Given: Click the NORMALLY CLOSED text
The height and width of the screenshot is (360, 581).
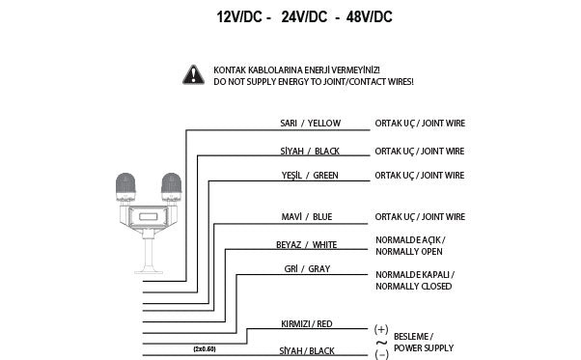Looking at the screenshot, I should (x=415, y=286).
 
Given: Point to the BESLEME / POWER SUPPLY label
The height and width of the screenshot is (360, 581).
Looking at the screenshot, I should (x=422, y=342).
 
